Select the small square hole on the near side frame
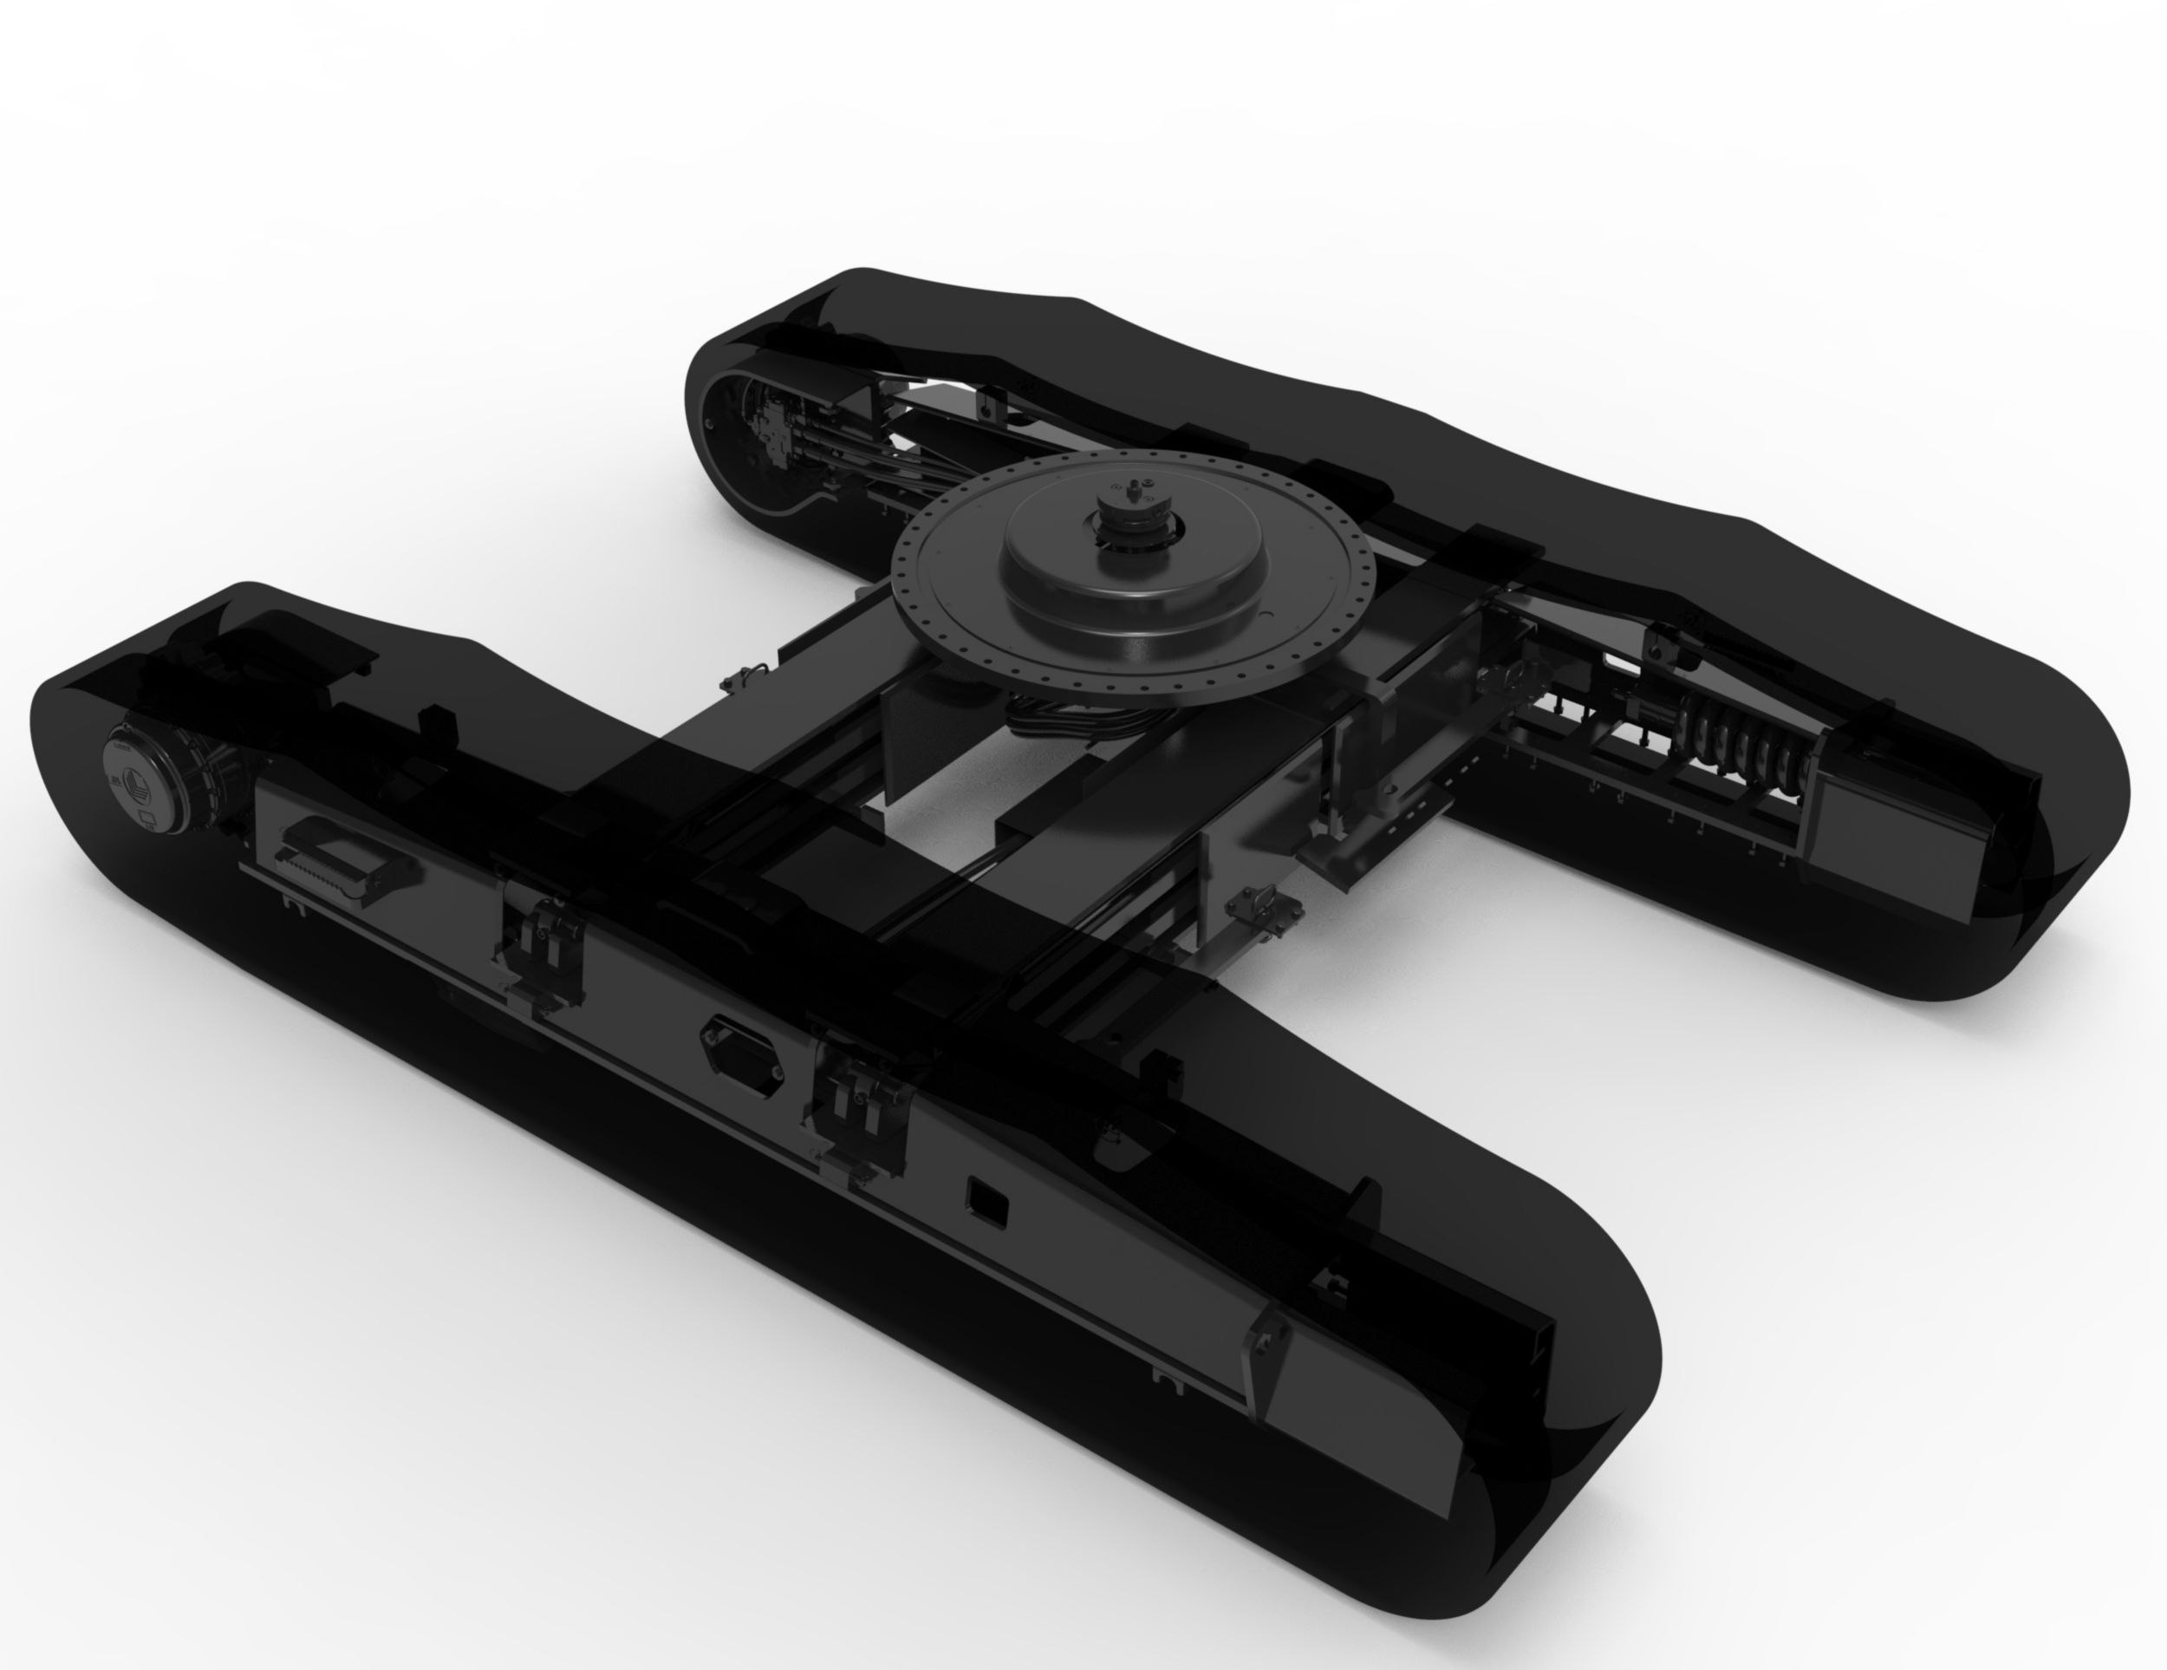[988, 1203]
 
